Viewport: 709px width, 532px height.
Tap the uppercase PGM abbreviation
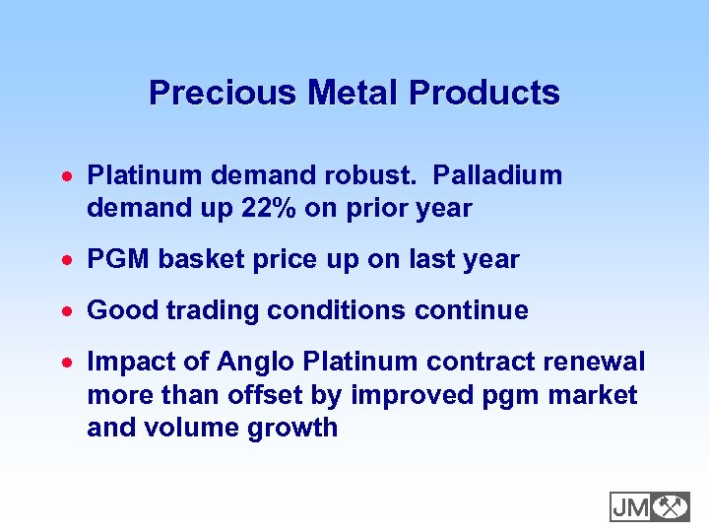tap(118, 259)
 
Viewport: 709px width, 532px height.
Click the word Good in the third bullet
tap(119, 311)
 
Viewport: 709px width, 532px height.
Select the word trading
tap(206, 311)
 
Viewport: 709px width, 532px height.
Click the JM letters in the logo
tap(630, 506)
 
